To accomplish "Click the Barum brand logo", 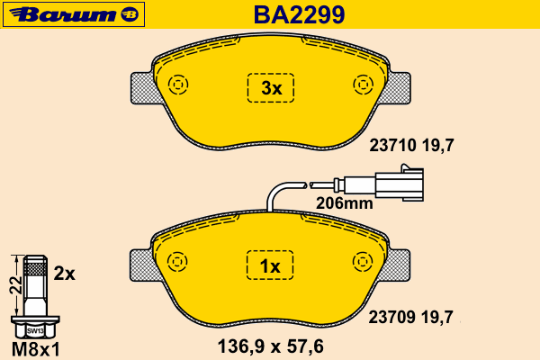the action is [74, 14].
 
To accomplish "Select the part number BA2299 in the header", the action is [299, 14].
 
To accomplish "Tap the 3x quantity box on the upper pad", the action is [271, 88].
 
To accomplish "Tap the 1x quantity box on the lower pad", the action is [270, 265].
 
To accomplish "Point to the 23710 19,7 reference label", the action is [411, 146].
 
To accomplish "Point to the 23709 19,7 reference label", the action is [411, 317].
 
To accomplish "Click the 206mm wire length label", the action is [345, 203].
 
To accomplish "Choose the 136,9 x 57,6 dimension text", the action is [270, 346].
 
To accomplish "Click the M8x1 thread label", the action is [36, 349].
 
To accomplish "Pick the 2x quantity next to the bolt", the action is [65, 274].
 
